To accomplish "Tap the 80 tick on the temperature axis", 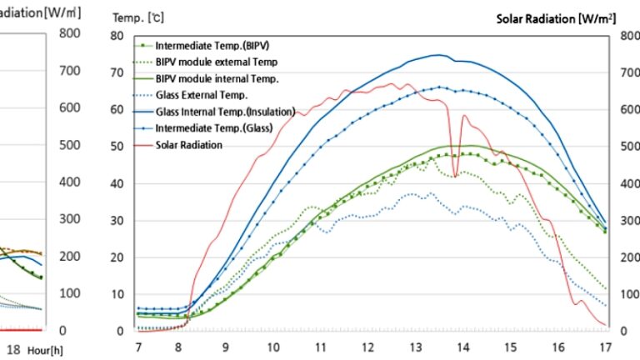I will (x=118, y=36).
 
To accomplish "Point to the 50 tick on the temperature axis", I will (x=118, y=147).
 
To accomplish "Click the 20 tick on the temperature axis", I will (x=118, y=257).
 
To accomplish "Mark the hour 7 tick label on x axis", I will (x=138, y=345).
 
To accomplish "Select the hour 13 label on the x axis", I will (x=414, y=345).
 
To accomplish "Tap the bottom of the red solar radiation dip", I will (x=455, y=177).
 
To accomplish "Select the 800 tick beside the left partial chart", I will (x=67, y=33).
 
